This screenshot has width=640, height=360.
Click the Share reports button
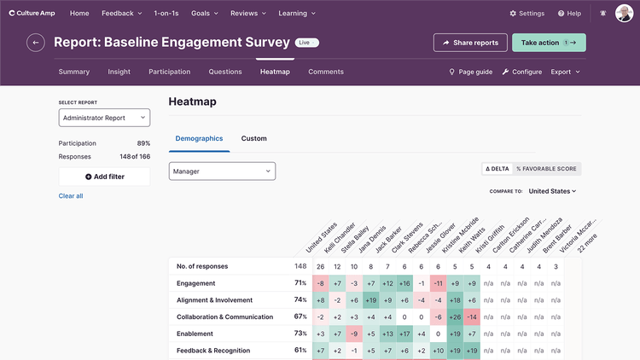click(x=470, y=43)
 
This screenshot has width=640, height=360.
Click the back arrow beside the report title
click(x=36, y=43)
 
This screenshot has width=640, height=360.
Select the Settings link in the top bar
click(x=527, y=14)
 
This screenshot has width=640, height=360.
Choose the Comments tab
click(x=326, y=72)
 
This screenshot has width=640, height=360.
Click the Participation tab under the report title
click(x=169, y=72)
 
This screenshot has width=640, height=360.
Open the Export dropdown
click(x=565, y=72)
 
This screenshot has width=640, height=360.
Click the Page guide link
click(x=471, y=72)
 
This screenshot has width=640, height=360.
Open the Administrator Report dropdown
click(x=104, y=118)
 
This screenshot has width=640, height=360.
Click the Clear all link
click(x=71, y=196)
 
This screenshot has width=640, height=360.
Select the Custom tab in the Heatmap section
click(x=253, y=138)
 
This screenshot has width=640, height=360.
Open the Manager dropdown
click(x=222, y=171)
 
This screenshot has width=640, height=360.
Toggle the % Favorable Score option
click(x=546, y=169)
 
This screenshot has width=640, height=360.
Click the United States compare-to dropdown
click(x=552, y=191)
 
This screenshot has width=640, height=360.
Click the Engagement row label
click(x=195, y=283)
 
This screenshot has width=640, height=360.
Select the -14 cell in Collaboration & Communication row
click(x=472, y=316)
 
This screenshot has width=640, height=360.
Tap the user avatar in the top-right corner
click(x=624, y=14)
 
